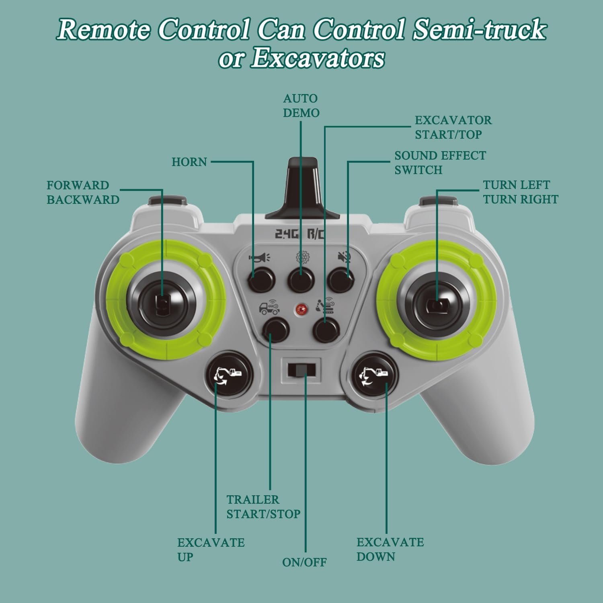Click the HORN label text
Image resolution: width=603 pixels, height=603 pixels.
point(189,162)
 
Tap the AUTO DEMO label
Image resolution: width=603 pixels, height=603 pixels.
point(301,106)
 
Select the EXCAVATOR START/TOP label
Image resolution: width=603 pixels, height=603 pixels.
point(453,127)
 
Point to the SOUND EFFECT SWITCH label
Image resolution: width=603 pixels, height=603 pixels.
point(440,162)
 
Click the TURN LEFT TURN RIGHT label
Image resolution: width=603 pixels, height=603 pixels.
point(521,192)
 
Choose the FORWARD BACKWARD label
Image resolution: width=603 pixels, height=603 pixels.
point(83,193)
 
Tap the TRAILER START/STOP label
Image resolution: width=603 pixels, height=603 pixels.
point(263,507)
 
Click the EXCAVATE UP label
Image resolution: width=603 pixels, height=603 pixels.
point(211,550)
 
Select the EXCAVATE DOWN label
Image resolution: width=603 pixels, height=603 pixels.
point(390,549)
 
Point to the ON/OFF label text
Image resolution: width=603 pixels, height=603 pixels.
point(304,562)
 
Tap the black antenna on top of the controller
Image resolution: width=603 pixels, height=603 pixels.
point(303,188)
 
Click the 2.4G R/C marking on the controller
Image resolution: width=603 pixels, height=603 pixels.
point(299,234)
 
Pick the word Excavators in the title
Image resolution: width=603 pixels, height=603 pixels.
point(318,58)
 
